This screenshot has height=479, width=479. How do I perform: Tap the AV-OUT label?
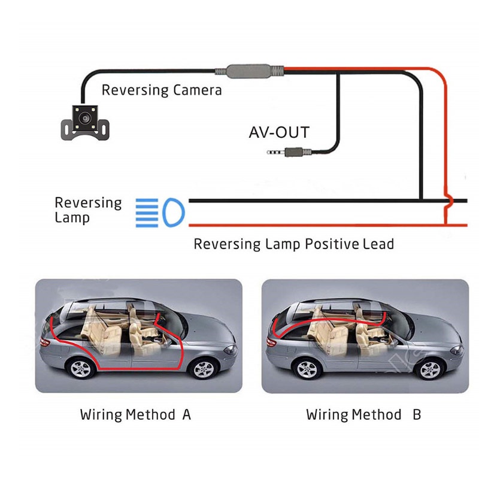point(279,132)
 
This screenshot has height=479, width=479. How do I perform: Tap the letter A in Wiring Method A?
point(186,414)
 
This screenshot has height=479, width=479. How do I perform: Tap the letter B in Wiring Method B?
point(416,414)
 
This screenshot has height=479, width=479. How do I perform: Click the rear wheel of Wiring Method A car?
point(80,368)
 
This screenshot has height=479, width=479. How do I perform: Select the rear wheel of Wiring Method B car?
point(307,369)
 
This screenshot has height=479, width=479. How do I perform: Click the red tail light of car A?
point(44,341)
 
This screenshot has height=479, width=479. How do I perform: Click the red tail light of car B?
point(271,341)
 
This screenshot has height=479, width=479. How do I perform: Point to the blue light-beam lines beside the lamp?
point(145,213)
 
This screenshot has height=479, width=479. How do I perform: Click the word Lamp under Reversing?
point(72,218)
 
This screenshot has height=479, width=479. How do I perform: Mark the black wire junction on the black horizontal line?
point(422,201)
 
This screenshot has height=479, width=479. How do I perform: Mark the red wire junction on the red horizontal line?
point(447,225)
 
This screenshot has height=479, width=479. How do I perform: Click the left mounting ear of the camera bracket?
point(65,127)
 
